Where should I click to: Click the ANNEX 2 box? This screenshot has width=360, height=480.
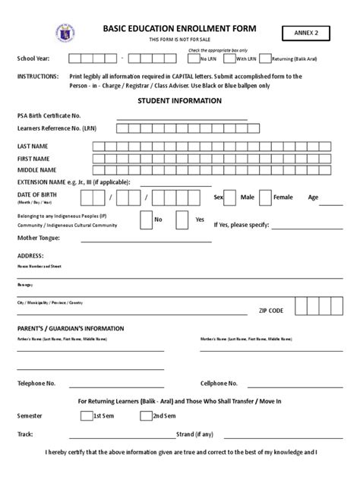314,33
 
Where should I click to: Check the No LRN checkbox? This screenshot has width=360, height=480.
193,58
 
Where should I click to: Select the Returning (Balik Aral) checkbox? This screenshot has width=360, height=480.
265,58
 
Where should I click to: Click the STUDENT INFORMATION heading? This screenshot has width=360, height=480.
179,100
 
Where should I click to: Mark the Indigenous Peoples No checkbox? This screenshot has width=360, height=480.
146,219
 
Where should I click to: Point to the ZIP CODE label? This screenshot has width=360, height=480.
271,311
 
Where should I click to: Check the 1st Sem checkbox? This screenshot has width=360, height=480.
85,416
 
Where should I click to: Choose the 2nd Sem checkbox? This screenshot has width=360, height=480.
144,416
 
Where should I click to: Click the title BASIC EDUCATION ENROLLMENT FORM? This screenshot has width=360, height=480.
179,28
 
